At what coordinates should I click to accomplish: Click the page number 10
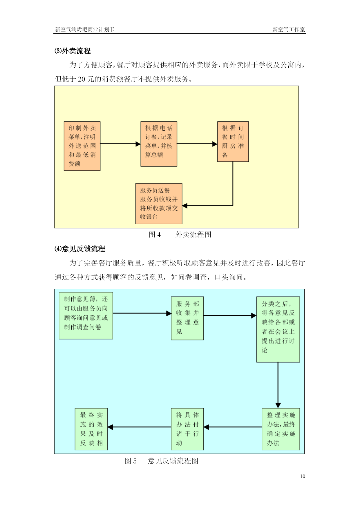303,476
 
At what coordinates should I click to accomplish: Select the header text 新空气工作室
289,29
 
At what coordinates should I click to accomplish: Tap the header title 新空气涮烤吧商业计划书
85,29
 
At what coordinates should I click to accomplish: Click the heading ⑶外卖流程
73,51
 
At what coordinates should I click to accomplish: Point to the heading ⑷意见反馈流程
80,249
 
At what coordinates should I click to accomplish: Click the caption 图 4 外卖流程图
180,234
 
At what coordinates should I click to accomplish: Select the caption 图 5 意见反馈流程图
161,461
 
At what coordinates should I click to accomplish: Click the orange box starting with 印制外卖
82,146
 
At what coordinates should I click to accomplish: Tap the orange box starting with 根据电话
159,144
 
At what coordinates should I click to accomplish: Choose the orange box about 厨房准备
233,142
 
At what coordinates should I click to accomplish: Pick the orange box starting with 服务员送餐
159,204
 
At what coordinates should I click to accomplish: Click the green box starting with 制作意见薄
86,316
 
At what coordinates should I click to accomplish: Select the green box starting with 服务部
187,318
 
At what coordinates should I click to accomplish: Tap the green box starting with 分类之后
278,329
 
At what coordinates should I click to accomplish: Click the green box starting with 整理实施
281,429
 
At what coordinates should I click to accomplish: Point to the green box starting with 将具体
187,429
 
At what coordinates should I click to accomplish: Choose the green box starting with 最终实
91,429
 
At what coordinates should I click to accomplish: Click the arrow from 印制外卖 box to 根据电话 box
120,144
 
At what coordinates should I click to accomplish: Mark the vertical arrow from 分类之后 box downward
278,385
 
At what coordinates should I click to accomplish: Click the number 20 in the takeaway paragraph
82,79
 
